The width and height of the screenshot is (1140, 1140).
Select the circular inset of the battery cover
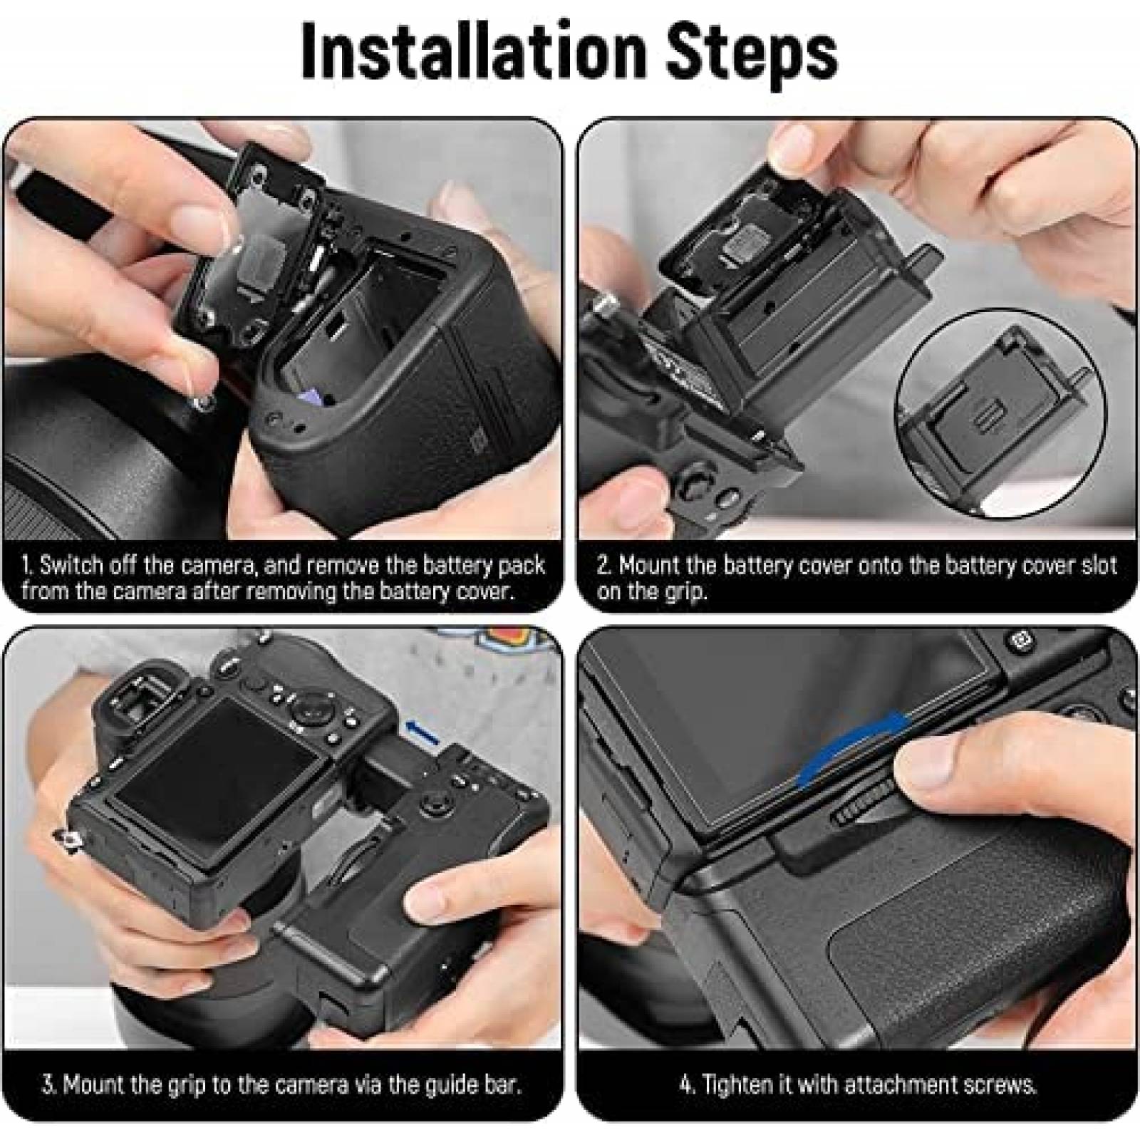coord(1001,418)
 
